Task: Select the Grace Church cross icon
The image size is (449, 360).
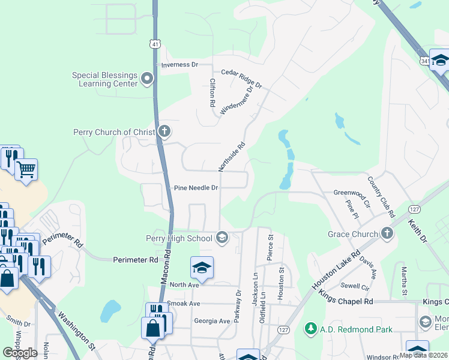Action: tap(387, 233)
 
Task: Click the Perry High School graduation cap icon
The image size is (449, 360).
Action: tap(222, 238)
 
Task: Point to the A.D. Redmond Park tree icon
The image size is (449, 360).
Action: tap(310, 329)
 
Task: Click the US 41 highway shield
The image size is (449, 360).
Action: tap(155, 44)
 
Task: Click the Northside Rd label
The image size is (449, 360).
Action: tap(238, 154)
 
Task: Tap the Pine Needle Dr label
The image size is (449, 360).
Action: tap(196, 188)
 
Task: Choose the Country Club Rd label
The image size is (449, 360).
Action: tap(382, 197)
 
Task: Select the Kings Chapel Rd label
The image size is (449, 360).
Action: tap(346, 301)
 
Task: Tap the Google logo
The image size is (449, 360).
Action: tap(20, 353)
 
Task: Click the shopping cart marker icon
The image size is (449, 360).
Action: tap(26, 170)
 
